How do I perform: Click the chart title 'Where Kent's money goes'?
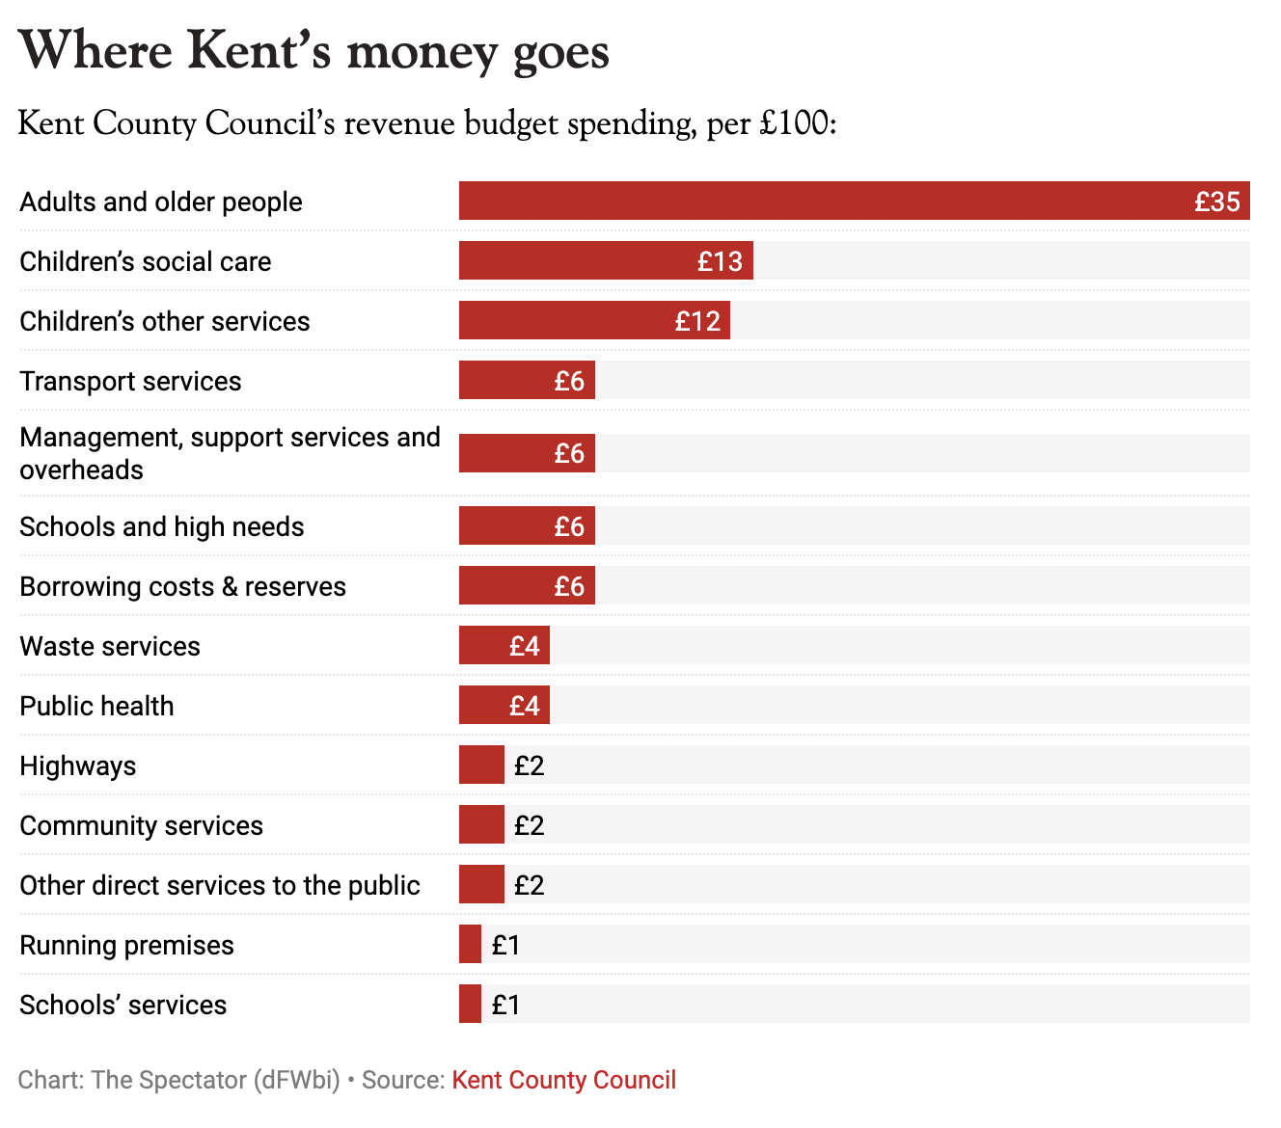[313, 51]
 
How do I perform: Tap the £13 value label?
[720, 261]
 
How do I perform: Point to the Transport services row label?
[130, 381]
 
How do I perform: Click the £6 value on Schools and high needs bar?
[569, 526]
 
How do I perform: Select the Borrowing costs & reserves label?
[182, 586]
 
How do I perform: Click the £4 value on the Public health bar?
[524, 706]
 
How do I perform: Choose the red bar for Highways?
[481, 765]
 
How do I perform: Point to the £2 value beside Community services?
[529, 825]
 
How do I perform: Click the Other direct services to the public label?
[220, 885]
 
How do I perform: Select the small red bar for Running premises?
[470, 945]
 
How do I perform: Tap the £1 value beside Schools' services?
[505, 1005]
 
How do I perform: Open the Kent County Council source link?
[563, 1080]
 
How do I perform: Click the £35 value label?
[1216, 201]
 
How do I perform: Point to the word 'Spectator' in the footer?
[192, 1080]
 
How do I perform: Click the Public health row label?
[96, 706]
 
